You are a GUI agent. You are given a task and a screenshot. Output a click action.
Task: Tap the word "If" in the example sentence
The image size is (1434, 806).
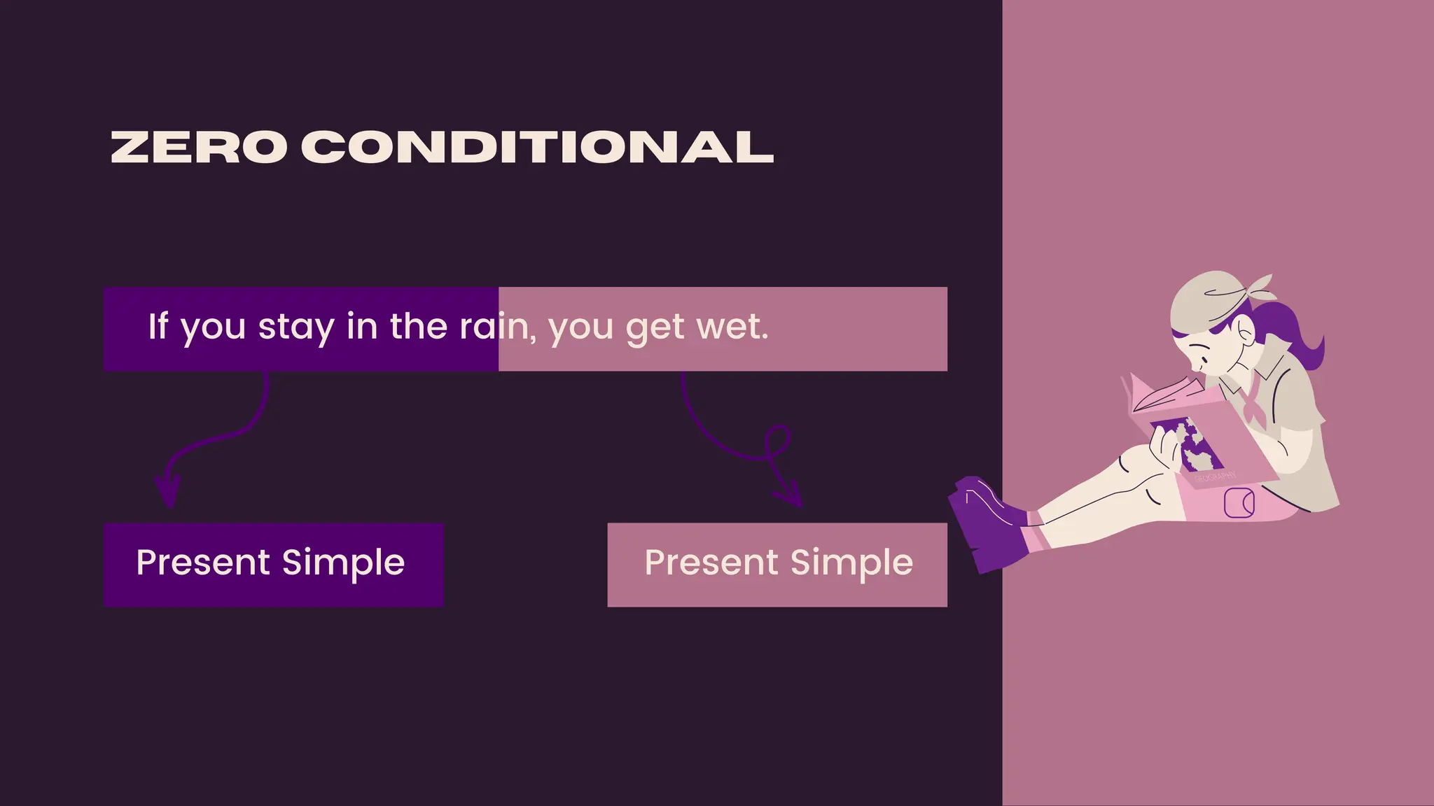tap(158, 326)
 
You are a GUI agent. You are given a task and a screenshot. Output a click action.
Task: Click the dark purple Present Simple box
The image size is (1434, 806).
tap(274, 564)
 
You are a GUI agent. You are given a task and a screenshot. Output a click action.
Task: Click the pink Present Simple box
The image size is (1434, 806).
tap(777, 564)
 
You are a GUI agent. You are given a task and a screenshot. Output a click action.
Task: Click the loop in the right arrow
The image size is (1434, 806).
tap(777, 441)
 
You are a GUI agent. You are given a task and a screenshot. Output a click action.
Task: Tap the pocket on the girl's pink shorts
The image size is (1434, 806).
tap(1239, 503)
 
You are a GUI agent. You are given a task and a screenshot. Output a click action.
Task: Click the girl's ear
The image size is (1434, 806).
tap(1246, 330)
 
